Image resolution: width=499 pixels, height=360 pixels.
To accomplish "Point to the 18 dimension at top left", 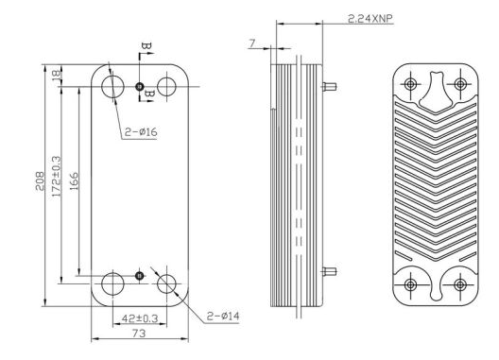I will [x=56, y=74].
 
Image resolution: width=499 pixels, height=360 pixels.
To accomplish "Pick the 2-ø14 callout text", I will [x=222, y=315].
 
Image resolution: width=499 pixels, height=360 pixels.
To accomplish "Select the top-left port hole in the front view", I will [x=112, y=87].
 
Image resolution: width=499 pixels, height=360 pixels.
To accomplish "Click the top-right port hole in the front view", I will [x=167, y=87].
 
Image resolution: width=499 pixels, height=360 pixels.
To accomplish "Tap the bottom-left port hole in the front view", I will [x=112, y=283].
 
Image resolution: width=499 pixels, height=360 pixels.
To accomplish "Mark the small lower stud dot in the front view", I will [x=140, y=275].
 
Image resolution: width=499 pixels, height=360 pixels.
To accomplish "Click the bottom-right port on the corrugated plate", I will [x=459, y=284].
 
